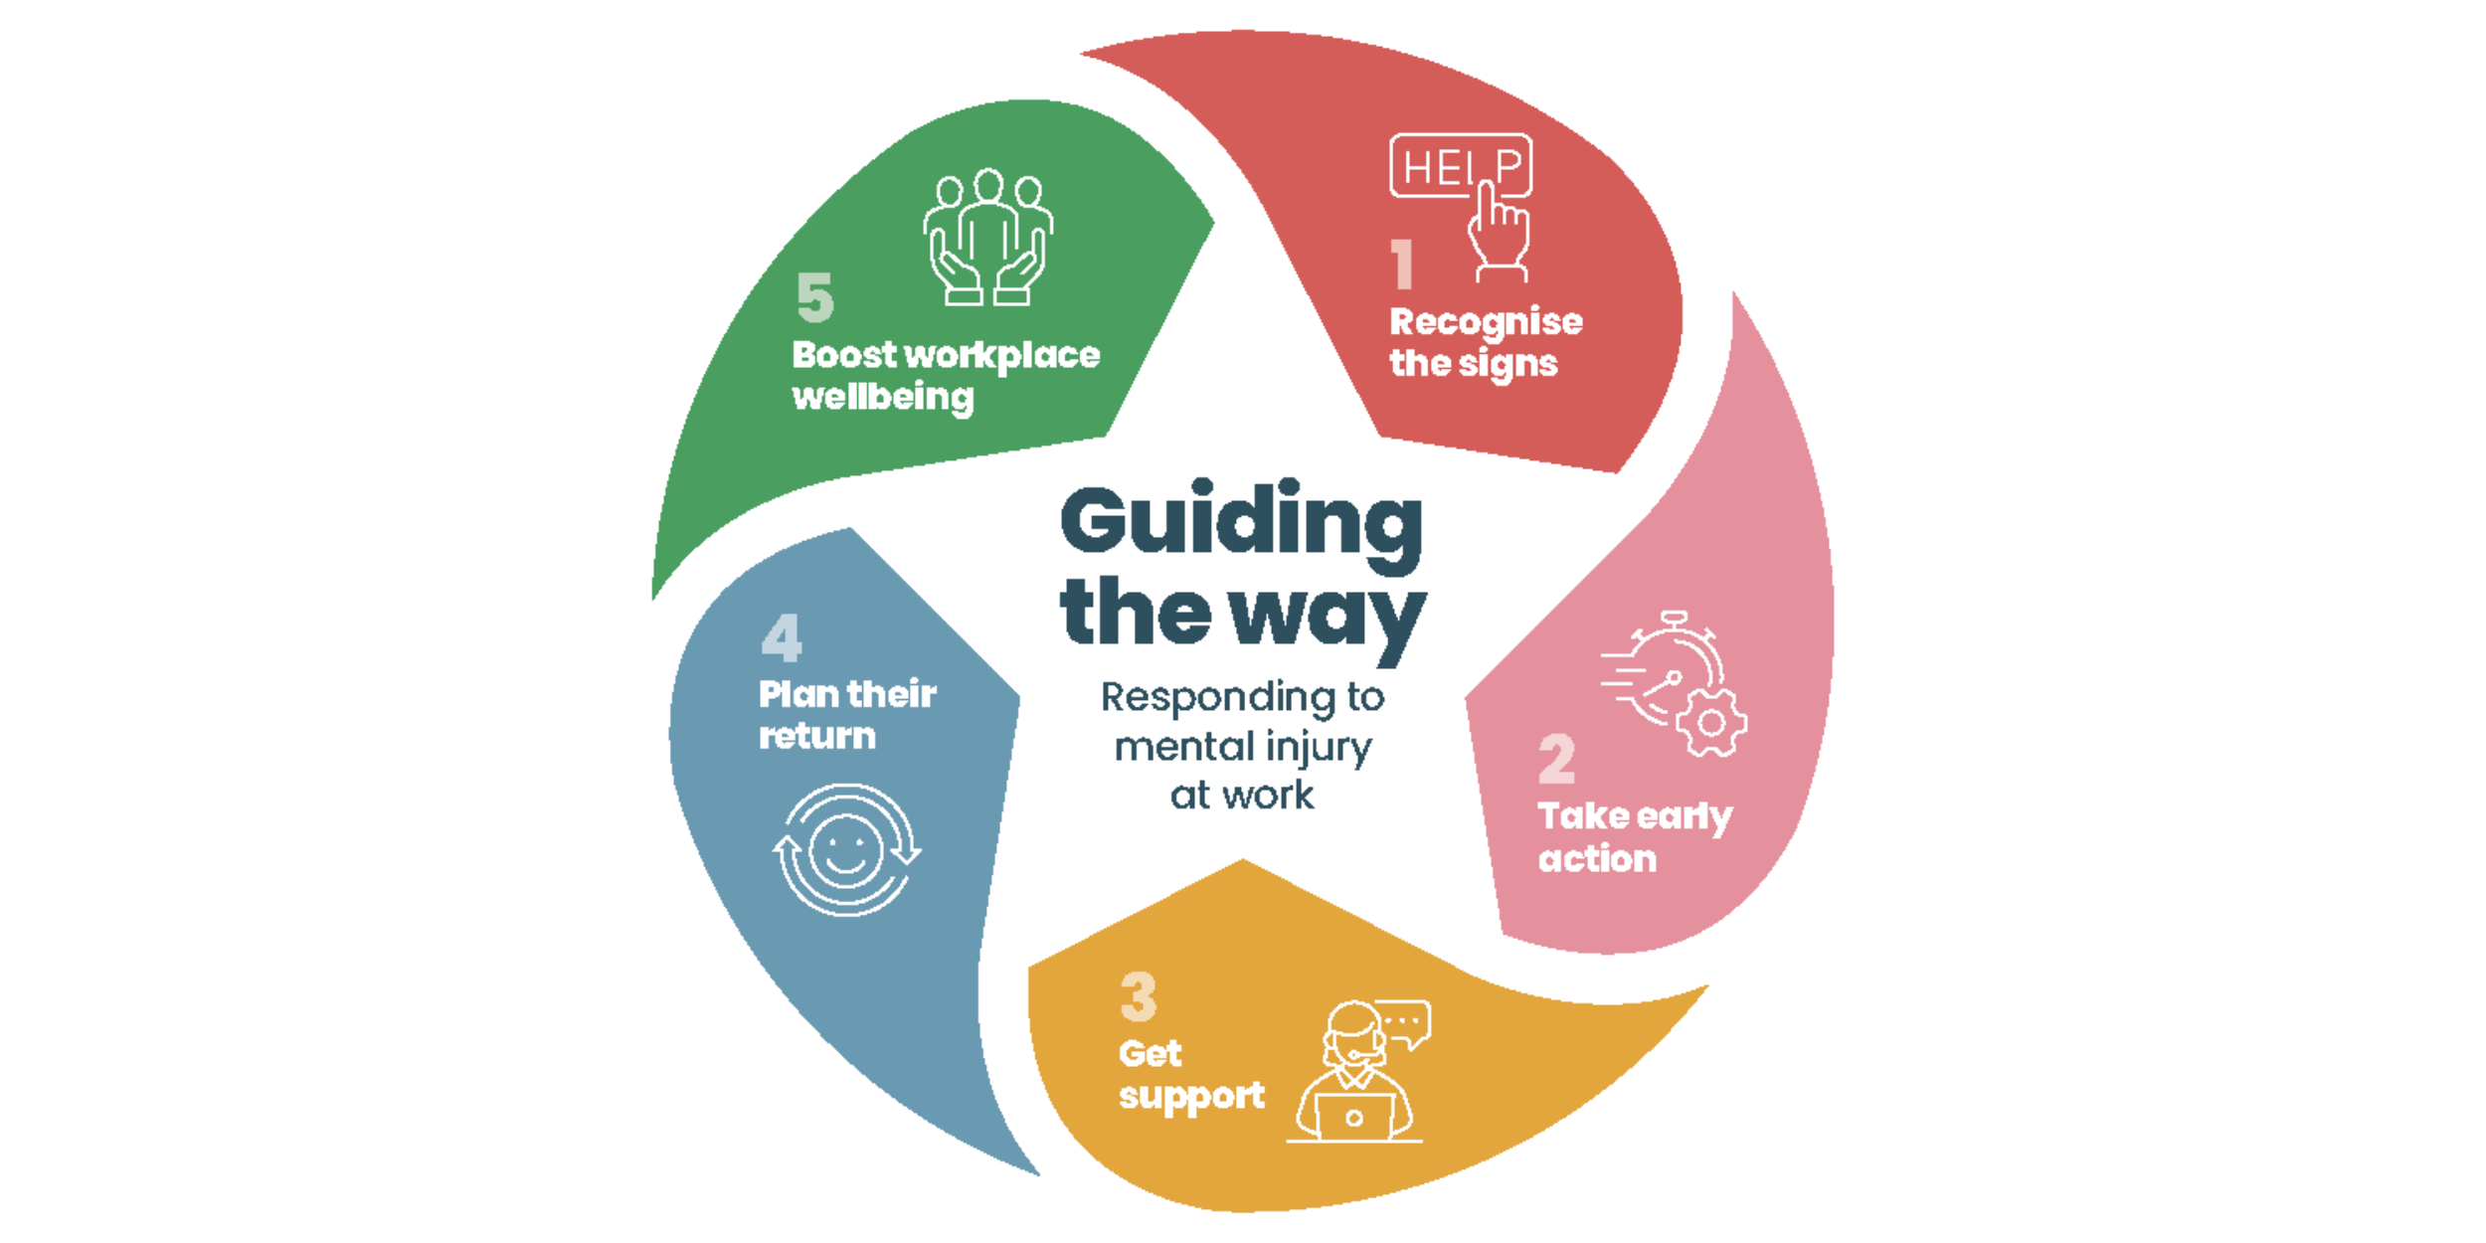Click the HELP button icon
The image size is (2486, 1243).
(1460, 165)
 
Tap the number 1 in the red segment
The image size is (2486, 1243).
(1402, 264)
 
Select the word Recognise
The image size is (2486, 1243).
(1486, 322)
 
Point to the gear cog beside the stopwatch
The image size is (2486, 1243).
(1711, 723)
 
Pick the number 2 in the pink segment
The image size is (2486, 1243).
(1557, 760)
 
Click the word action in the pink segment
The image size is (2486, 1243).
(1597, 859)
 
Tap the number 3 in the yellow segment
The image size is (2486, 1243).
(1139, 996)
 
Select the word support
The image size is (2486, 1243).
(1191, 1097)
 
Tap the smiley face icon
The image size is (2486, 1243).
(846, 851)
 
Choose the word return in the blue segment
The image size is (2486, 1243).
(817, 737)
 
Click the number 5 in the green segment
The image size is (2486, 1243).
(815, 297)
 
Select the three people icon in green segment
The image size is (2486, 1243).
(987, 237)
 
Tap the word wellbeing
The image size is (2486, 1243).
(883, 398)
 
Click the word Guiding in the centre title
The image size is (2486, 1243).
(1241, 522)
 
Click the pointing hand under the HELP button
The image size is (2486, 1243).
(1498, 234)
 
